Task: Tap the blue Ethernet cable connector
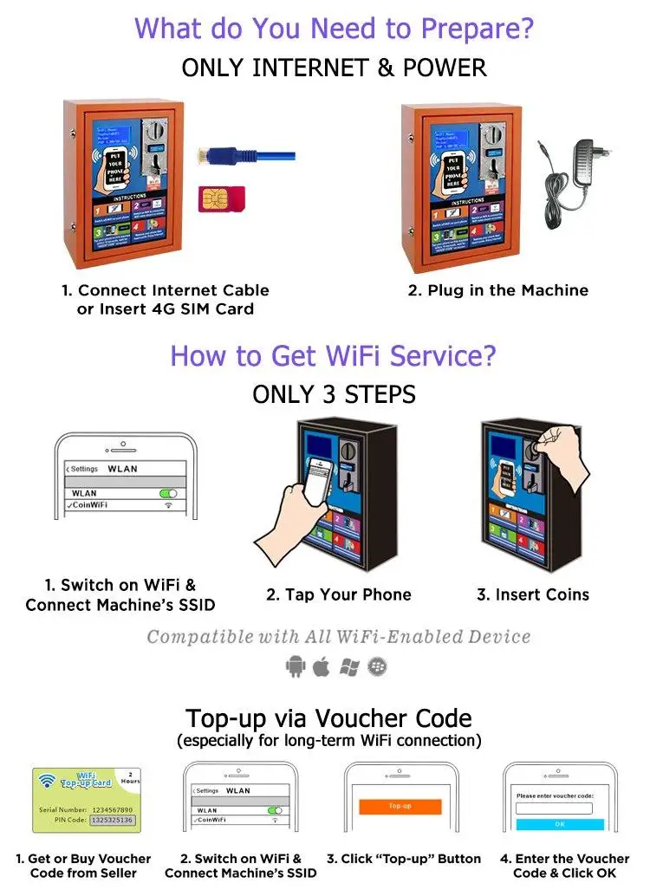point(212,156)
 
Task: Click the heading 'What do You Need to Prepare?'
point(334,28)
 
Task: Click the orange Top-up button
point(400,805)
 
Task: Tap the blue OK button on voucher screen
point(559,824)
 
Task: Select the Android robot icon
point(295,666)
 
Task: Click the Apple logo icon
point(322,666)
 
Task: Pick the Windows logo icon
point(349,666)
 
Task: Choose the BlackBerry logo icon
point(377,666)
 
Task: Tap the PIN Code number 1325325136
point(113,820)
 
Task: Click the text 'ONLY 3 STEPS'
point(334,394)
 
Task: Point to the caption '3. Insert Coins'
point(532,594)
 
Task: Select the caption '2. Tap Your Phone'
point(338,594)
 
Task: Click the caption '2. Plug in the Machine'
point(497,290)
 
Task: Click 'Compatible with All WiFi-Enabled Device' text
point(338,638)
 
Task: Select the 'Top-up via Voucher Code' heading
point(328,718)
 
